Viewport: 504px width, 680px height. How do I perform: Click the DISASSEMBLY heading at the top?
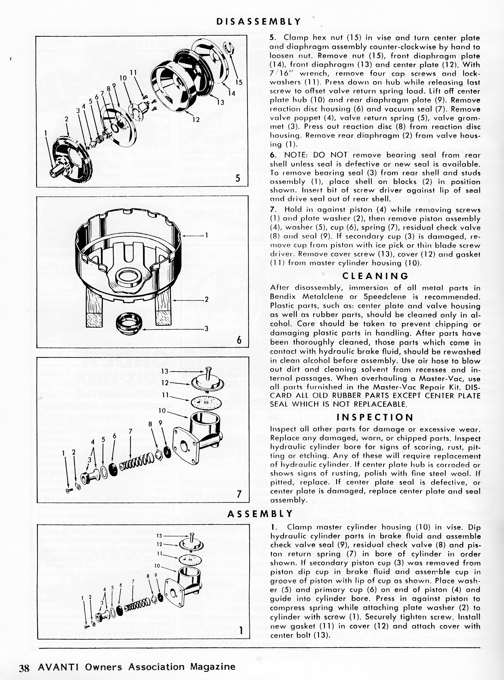(x=258, y=22)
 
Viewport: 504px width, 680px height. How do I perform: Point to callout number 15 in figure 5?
(x=239, y=82)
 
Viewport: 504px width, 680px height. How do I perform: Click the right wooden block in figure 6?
(x=164, y=308)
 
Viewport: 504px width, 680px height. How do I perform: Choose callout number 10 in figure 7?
(x=162, y=411)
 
